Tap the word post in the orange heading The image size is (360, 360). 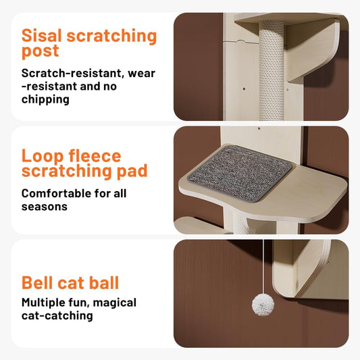[x=40, y=51]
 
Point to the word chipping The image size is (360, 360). [x=46, y=99]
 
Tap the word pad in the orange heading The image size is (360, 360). [x=132, y=172]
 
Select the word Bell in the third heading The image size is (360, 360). [x=41, y=282]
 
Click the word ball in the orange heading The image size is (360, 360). [x=101, y=282]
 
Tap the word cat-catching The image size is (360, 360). [x=57, y=315]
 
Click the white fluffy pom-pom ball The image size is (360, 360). [x=261, y=305]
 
